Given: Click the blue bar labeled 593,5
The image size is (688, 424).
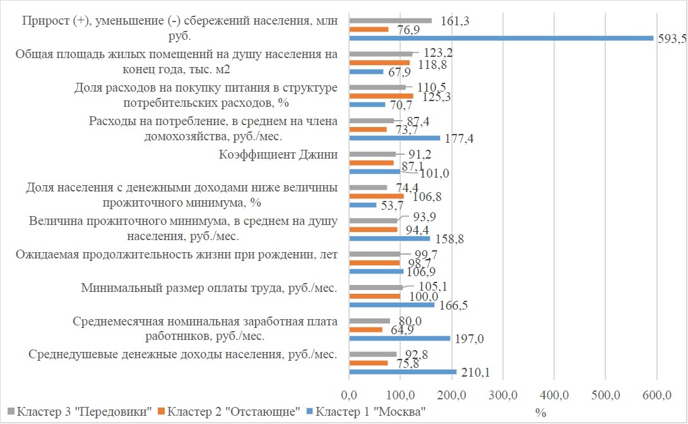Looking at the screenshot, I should [501, 38].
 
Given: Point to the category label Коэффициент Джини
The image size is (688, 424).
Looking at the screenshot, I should [278, 155].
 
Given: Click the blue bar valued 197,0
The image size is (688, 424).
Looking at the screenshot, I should [400, 338].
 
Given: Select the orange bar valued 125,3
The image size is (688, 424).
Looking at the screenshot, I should [381, 96].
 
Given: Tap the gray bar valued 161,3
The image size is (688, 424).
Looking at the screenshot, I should [390, 21].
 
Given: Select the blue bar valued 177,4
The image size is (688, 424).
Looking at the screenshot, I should [394, 138].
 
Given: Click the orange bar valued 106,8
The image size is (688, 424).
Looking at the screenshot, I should [376, 197].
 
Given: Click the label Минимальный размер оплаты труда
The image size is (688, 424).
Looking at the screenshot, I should [209, 289].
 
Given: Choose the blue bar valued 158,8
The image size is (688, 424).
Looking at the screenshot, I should [389, 238].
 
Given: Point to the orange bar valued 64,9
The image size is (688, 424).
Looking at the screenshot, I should [365, 330].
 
